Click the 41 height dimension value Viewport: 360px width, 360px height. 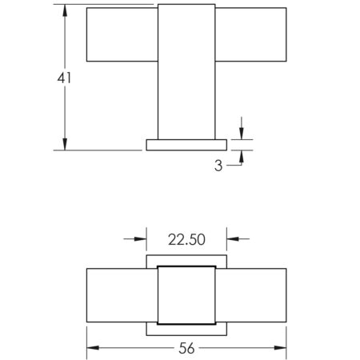pos(64,78)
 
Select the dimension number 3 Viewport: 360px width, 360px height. pos(218,166)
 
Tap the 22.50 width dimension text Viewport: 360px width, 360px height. pos(186,239)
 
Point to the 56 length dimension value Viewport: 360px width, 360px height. pos(186,348)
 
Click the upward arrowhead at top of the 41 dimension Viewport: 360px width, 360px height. pos(65,11)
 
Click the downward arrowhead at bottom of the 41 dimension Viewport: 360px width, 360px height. pos(65,144)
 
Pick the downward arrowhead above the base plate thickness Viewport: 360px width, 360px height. pos(242,134)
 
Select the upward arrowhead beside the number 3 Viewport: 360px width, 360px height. pos(242,156)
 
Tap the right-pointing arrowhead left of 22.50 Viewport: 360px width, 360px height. pos(140,239)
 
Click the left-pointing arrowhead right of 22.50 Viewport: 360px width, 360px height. pos(233,239)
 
